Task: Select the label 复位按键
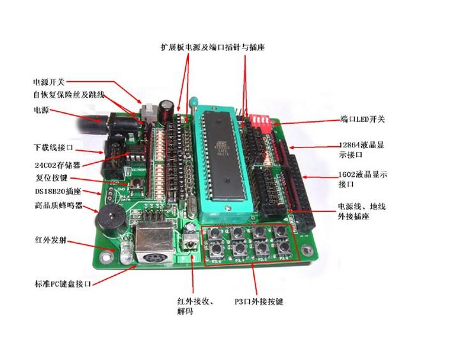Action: (x=50, y=178)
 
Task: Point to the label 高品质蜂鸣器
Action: (x=56, y=206)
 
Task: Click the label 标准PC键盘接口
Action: (x=63, y=283)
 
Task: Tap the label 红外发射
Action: (x=49, y=241)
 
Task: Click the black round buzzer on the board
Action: (x=109, y=222)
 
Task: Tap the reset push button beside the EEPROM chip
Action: (x=136, y=186)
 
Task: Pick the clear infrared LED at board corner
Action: (x=126, y=250)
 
